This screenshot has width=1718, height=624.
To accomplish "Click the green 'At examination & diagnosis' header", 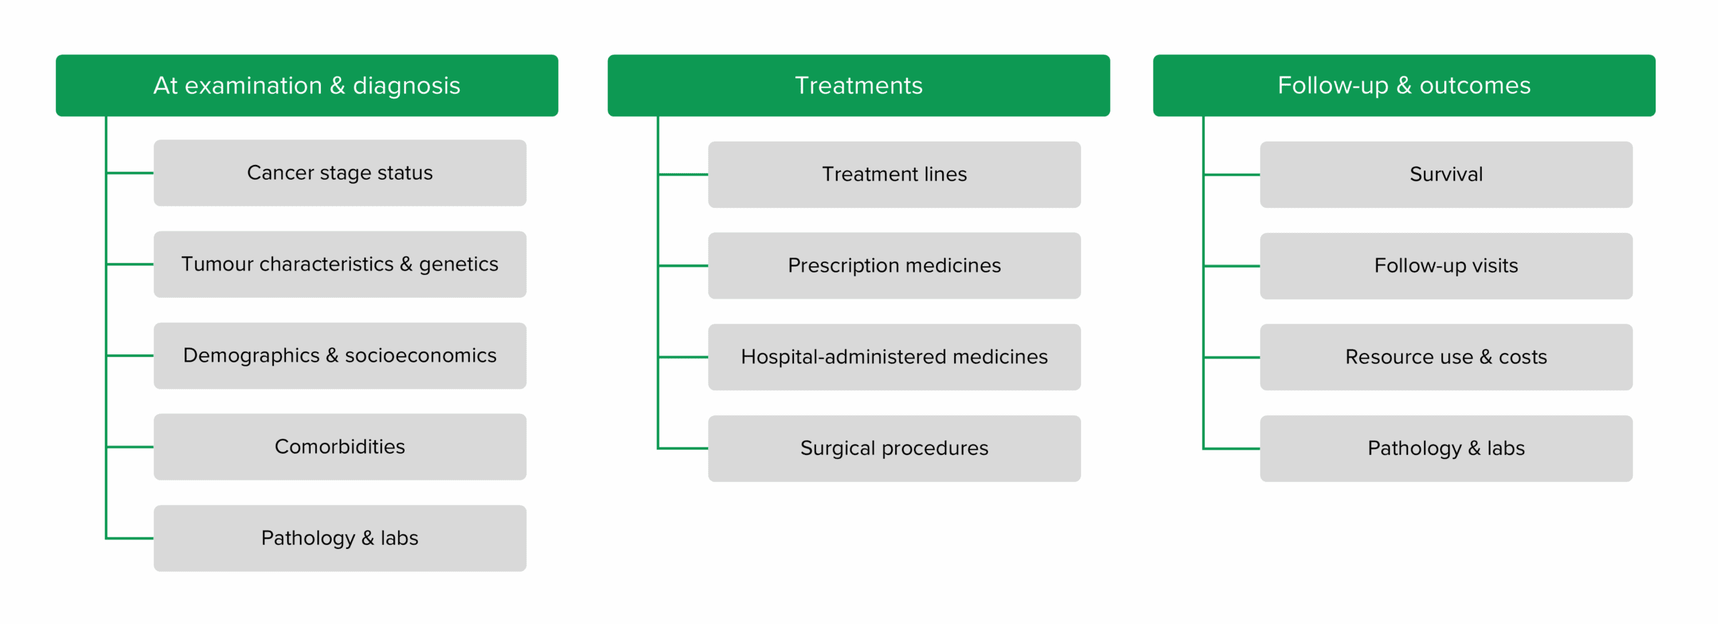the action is pos(307,85).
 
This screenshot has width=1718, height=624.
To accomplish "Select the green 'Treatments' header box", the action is pos(858,85).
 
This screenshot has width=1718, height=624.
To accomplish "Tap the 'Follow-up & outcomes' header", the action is pos(1404,85).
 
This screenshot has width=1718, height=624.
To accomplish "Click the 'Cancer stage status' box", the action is pos(340,172).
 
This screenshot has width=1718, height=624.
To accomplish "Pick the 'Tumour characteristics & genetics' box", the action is pos(340,264).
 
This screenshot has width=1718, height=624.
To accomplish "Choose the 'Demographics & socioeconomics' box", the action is pos(340,356).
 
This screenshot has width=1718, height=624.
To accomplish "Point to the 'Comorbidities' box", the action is pos(340,447).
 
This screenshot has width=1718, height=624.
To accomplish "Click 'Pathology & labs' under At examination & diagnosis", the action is pos(340,538).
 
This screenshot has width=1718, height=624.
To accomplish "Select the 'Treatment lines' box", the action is pos(894,174).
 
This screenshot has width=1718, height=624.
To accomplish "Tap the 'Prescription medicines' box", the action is pos(894,266).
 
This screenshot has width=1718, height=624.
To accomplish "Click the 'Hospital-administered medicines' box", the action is pos(894,357).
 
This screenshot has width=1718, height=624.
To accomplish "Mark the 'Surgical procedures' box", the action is pos(894,448).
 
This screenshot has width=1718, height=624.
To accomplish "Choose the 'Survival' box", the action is pos(1446,174).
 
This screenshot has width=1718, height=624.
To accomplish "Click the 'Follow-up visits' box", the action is pos(1446,266).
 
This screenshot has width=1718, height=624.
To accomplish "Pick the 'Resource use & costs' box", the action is pos(1446,357).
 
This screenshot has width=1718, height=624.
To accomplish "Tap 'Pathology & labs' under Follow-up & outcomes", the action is pos(1446,448).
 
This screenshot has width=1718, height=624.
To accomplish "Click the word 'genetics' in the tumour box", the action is pos(458,265).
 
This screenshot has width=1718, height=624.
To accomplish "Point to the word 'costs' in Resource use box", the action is pos(1523,357).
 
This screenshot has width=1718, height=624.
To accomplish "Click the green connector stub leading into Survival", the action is pos(1232,174).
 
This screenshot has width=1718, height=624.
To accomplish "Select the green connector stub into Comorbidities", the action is pos(130,447).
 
